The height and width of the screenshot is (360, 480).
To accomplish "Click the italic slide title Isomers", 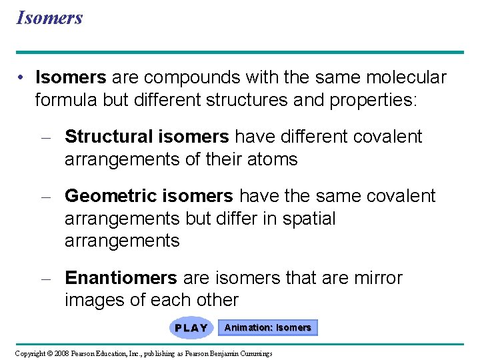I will click(49, 17).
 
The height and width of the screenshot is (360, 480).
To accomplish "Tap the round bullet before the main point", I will click(22, 78).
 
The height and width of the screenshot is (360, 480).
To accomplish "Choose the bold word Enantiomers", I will click(121, 278).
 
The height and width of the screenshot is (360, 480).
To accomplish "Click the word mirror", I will click(377, 278).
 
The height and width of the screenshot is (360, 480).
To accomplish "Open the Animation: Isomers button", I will click(267, 328).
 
